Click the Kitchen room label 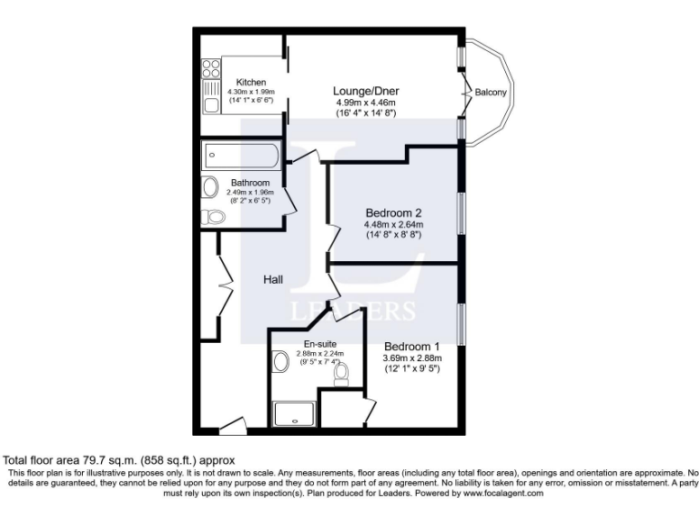[250, 83]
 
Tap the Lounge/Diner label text [368, 91]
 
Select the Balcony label [491, 91]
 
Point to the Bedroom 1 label [411, 347]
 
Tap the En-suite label [318, 344]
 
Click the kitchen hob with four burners [211, 69]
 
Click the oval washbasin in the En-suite [280, 362]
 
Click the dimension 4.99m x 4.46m [368, 103]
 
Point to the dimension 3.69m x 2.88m [411, 358]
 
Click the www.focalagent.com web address [491, 492]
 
